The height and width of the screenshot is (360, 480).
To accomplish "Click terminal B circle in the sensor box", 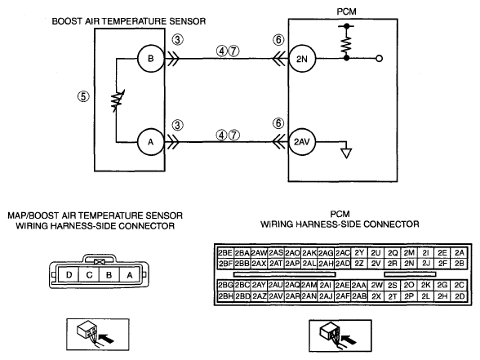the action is click(x=150, y=58).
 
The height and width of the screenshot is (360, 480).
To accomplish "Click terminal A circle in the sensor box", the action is click(x=150, y=142).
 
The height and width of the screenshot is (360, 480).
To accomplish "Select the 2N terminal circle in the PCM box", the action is click(x=302, y=59).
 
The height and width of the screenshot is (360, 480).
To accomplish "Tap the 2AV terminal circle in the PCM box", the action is click(x=302, y=142).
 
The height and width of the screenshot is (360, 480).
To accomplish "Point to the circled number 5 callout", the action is click(x=83, y=96).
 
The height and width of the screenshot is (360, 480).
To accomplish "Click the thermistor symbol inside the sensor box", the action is click(x=118, y=100).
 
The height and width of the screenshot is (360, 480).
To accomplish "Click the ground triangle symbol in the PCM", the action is click(x=346, y=153).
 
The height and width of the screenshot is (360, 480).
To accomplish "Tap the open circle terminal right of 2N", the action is click(x=379, y=58).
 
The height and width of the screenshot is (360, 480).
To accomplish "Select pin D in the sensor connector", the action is click(x=69, y=274).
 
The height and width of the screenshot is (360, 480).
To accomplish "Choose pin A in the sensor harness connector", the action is click(x=130, y=274).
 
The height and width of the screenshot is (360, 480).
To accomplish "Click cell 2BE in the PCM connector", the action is click(x=225, y=253).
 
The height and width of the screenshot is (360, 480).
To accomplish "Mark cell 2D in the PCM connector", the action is click(x=460, y=296).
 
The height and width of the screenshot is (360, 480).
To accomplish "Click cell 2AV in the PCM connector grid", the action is click(x=276, y=296).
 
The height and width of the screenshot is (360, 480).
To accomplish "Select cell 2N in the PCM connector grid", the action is click(x=409, y=263).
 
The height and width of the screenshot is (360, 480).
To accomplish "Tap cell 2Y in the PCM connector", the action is click(x=359, y=253).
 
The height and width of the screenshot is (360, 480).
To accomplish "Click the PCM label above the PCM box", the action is click(x=346, y=11).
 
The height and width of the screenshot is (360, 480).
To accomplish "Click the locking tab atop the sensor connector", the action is click(x=100, y=258).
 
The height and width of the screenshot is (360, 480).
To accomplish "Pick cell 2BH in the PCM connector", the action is click(x=225, y=296).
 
